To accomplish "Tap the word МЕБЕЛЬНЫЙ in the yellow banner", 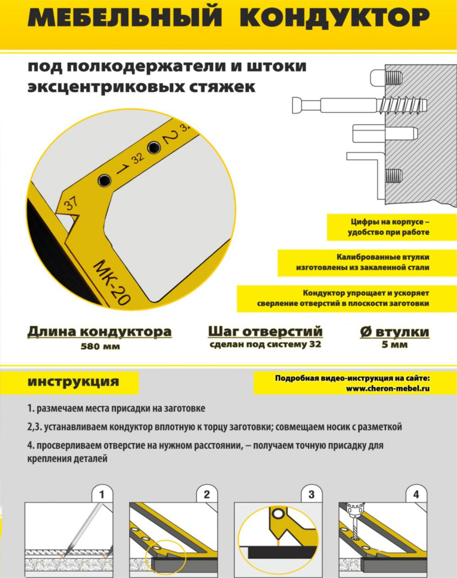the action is [125, 16].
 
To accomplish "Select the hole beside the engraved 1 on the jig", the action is [104, 180].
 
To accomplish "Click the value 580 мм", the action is [100, 346].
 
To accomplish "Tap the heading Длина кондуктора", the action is [100, 331].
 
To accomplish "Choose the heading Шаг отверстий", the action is [265, 331].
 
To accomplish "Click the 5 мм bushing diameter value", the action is [395, 344].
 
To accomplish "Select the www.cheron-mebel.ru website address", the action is [388, 389].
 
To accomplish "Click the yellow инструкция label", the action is [73, 381].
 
